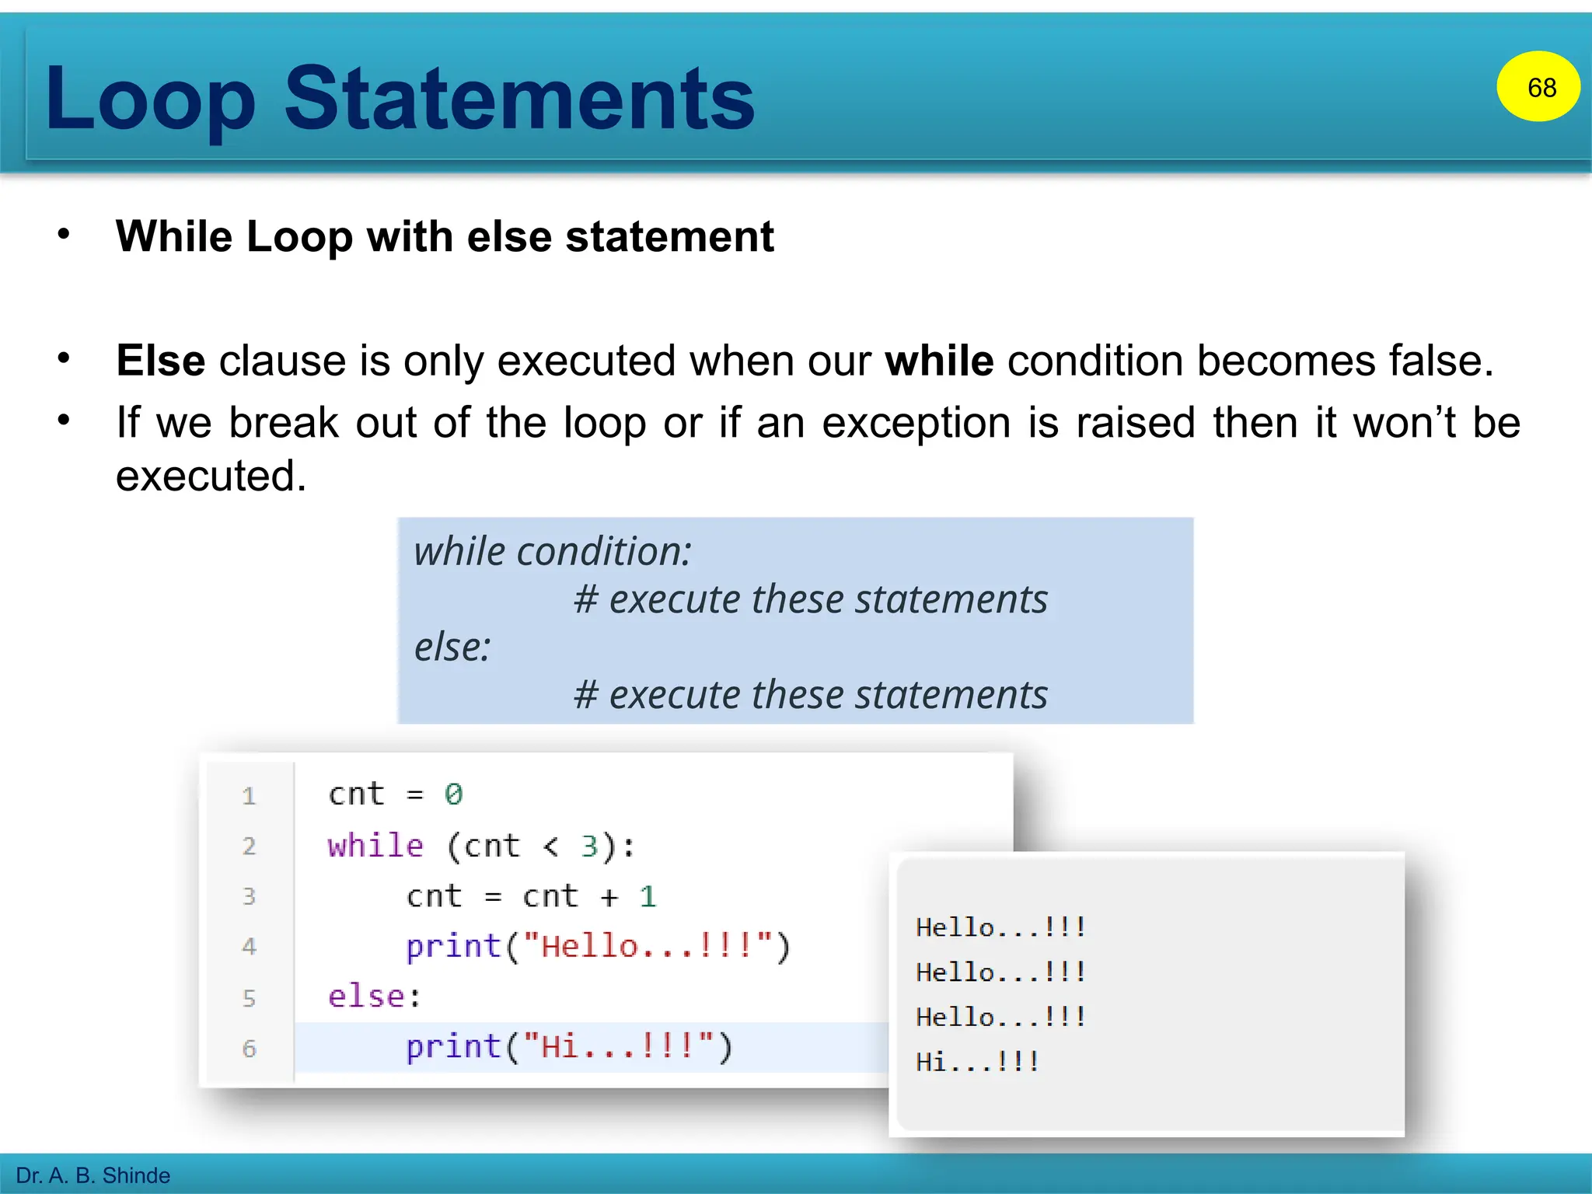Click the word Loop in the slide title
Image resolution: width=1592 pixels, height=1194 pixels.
(x=150, y=100)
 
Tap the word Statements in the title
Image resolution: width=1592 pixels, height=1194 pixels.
(x=518, y=99)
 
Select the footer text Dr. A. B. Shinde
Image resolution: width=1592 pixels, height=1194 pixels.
(x=93, y=1175)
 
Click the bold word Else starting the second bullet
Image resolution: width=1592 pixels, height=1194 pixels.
(x=160, y=361)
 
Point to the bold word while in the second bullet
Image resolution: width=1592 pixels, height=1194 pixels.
(x=939, y=361)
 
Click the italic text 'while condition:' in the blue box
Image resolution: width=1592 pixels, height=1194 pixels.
(x=552, y=551)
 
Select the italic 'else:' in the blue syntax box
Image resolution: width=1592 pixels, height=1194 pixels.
(x=452, y=647)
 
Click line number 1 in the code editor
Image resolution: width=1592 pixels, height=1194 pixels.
(x=249, y=795)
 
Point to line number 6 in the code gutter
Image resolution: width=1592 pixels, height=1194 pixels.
(x=249, y=1049)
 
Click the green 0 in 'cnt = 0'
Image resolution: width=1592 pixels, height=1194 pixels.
(x=453, y=794)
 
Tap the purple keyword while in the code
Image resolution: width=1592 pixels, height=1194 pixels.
(x=375, y=845)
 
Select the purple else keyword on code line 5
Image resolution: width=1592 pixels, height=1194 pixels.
(x=366, y=997)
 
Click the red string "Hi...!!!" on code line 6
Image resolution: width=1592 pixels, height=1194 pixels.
(x=619, y=1046)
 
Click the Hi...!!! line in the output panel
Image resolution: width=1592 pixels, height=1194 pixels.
(x=977, y=1061)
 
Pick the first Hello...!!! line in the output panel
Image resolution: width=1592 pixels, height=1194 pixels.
(x=1000, y=927)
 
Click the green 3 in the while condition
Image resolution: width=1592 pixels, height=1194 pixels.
(x=589, y=846)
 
